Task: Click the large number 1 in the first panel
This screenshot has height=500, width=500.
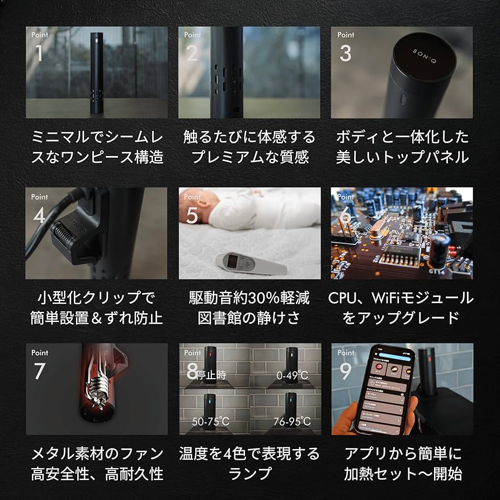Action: point(39,54)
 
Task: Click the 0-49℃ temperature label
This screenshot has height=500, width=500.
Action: point(293,375)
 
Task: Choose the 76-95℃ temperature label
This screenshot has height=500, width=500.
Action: point(293,421)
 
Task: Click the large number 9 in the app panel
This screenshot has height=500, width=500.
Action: point(345,371)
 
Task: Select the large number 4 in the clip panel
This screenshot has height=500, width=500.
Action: point(39,215)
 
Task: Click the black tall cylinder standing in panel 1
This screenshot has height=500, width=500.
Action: point(95,72)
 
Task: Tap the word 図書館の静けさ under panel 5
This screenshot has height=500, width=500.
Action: point(249,318)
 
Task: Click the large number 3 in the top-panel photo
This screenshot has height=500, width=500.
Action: point(345,54)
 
